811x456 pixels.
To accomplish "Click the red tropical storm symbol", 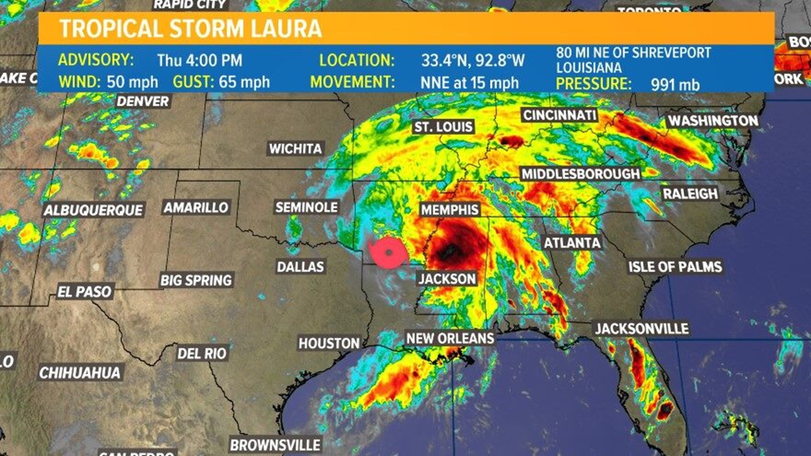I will tap(388, 253).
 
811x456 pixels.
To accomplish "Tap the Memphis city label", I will tap(450, 210).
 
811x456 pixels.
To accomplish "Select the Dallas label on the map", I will tap(300, 267).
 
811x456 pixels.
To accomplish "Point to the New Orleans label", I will tap(450, 338).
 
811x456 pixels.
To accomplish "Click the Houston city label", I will tap(329, 343).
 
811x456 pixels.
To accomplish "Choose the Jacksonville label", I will tap(642, 328).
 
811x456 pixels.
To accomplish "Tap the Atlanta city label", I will tap(572, 243).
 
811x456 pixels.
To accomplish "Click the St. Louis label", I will tap(443, 127).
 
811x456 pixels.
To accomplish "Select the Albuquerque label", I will tap(93, 210).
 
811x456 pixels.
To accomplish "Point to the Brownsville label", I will tap(275, 445).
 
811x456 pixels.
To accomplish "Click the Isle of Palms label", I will tap(675, 267).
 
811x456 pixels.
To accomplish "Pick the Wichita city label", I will tap(296, 149).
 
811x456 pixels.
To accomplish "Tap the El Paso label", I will tap(84, 292).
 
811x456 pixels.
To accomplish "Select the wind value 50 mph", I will tap(132, 82).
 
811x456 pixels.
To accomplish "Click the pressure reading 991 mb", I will tap(675, 84).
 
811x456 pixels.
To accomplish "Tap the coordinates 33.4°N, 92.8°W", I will tap(473, 60).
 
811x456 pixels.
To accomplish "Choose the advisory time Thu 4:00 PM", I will tap(200, 60).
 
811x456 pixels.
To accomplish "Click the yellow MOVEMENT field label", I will tap(352, 82).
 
